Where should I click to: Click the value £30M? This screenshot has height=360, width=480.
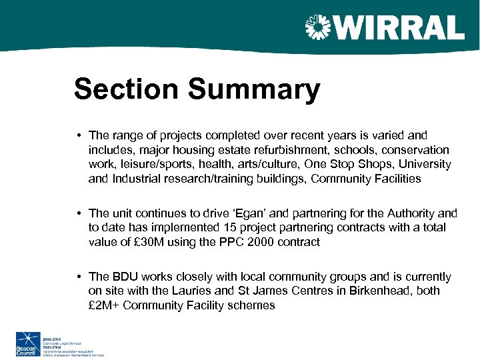(145, 242)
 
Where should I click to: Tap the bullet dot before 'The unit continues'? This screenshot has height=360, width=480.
(79, 213)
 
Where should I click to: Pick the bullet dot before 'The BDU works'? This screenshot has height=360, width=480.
(79, 277)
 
